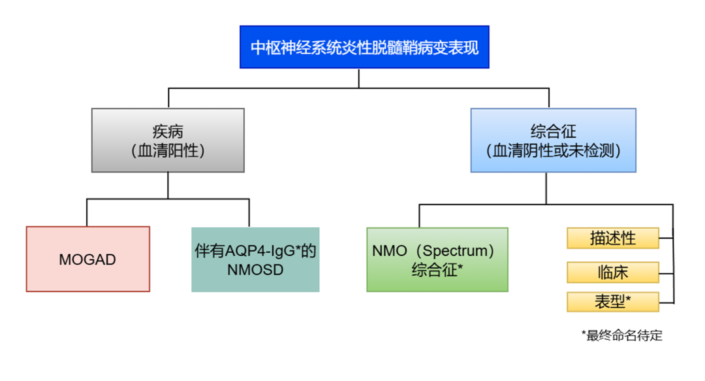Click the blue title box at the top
365,47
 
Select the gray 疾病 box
168,141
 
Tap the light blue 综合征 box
554,141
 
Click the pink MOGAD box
88,259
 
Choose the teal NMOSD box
255,259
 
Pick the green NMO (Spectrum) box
437,259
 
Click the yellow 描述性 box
612,239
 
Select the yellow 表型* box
612,302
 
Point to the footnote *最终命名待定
622,336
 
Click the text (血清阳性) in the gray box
168,151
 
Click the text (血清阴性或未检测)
554,151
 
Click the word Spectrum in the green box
457,251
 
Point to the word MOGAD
87,260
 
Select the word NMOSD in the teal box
255,269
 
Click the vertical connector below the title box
358,78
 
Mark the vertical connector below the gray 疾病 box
168,186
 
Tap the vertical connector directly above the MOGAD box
87,213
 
